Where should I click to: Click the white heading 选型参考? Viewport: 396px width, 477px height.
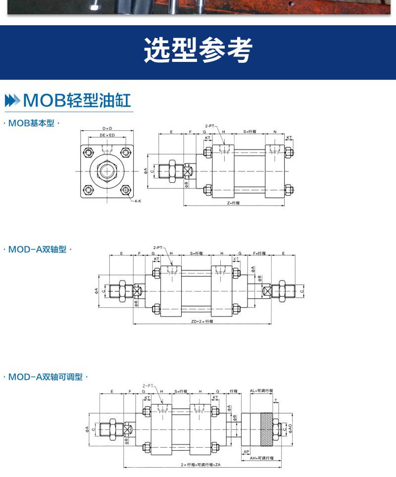198,51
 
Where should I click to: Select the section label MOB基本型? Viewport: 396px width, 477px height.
31,123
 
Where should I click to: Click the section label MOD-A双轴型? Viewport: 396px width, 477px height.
37,250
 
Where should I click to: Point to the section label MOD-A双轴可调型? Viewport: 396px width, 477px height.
45,377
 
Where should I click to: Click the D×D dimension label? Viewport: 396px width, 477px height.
107,128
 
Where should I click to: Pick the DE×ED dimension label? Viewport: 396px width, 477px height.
107,135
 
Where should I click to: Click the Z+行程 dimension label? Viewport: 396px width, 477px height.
233,203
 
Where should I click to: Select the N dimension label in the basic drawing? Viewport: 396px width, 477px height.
275,132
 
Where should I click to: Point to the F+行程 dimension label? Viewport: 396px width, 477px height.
259,253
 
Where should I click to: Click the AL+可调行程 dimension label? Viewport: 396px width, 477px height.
261,390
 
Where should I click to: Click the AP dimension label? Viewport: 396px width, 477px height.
247,451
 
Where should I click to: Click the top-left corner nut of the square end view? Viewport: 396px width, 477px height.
88,152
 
